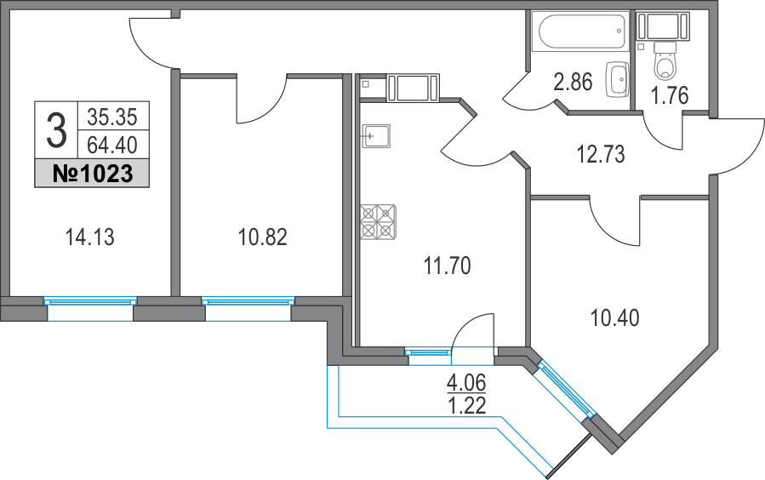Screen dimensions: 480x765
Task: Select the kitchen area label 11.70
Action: [447, 266]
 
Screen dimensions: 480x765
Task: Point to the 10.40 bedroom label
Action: [614, 318]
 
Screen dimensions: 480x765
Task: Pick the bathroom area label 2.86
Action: [572, 83]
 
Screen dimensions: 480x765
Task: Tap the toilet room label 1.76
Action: [670, 94]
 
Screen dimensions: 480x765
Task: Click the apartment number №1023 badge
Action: [92, 174]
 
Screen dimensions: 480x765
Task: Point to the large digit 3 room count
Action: [55, 131]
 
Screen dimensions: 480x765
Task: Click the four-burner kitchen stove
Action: [378, 221]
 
